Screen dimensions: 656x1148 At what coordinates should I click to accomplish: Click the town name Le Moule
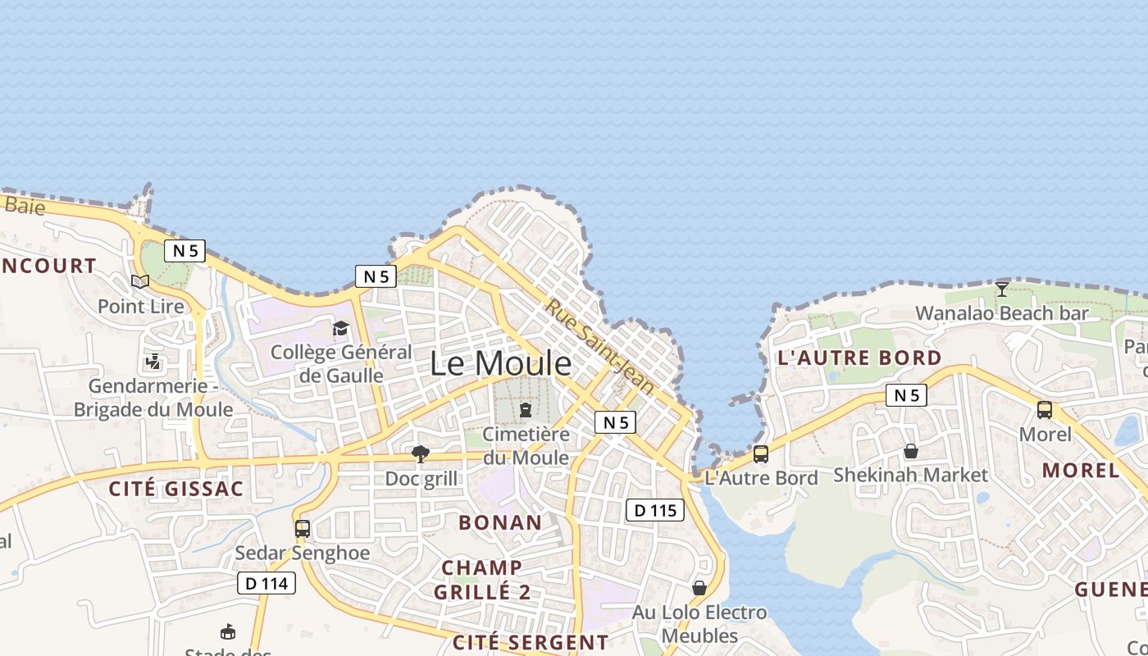click(x=500, y=363)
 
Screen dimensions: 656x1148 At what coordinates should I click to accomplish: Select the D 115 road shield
click(x=655, y=510)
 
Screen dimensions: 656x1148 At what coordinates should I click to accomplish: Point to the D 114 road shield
click(x=266, y=583)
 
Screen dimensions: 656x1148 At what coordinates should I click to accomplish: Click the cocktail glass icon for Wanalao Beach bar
click(x=1001, y=289)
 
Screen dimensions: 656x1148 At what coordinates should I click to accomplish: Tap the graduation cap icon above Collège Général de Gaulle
click(x=340, y=329)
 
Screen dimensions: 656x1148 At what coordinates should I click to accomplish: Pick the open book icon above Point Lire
click(x=140, y=282)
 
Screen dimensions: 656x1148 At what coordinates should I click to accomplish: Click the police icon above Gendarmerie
click(x=153, y=361)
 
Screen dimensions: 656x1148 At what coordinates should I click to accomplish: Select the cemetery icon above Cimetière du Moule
click(x=526, y=409)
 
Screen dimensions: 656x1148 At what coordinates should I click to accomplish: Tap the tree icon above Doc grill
click(x=421, y=454)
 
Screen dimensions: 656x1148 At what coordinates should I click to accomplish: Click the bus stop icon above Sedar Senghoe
click(x=303, y=529)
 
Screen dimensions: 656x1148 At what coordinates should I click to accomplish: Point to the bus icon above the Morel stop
click(x=1044, y=410)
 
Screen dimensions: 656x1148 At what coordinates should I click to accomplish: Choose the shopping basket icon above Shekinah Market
click(x=910, y=451)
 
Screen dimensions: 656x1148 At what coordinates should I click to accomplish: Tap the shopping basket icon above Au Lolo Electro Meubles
click(x=699, y=588)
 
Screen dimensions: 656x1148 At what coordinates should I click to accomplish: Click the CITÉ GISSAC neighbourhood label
click(x=176, y=490)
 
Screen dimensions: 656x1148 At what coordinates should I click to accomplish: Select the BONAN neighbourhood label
click(x=500, y=522)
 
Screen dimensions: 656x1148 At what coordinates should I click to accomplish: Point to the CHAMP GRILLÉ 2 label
click(x=482, y=579)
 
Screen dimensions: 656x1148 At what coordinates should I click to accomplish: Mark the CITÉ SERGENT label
click(x=531, y=642)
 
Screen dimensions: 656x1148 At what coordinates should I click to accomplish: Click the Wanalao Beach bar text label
click(x=1001, y=313)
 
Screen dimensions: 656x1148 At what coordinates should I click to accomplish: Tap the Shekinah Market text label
click(x=910, y=475)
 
